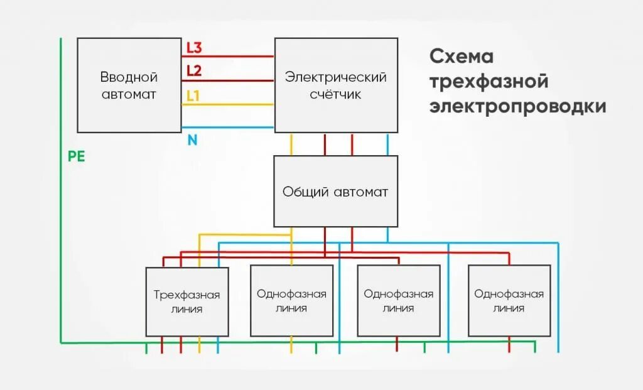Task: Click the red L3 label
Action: pos(194,48)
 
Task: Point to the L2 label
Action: pos(194,71)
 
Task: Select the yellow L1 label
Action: pos(193,96)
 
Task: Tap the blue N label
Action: pos(192,141)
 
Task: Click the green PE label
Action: pos(76,157)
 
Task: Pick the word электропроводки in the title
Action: pos(518,107)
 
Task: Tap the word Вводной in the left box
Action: pos(129,77)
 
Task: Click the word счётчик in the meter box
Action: pos(336,95)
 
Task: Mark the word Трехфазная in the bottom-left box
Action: pos(186,295)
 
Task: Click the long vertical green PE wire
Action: pos(61,188)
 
